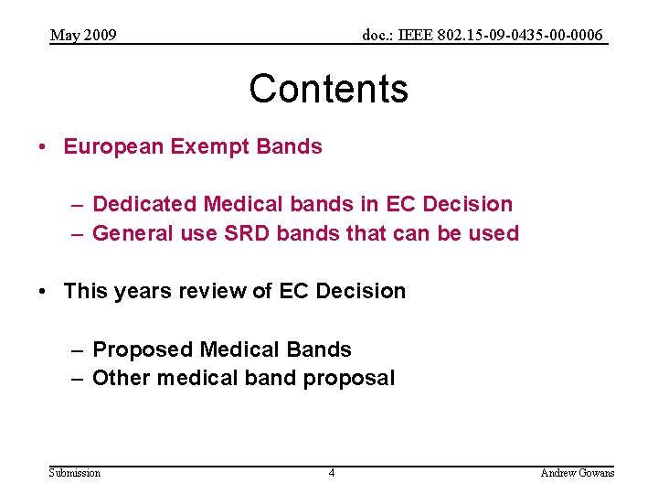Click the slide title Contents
(328, 89)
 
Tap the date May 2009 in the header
(83, 36)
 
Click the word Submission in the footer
(75, 472)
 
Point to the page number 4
(332, 472)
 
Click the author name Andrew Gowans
(578, 472)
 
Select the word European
(113, 146)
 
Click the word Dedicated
(144, 204)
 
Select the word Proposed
(143, 349)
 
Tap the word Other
(120, 378)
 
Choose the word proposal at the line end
(354, 379)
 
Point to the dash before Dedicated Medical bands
(79, 204)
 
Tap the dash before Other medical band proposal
(79, 378)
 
